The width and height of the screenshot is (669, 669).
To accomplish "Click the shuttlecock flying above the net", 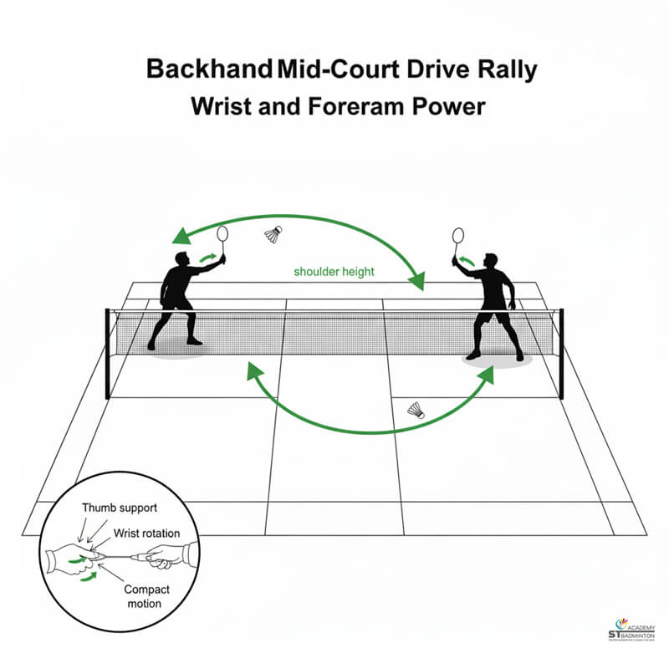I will (273, 234).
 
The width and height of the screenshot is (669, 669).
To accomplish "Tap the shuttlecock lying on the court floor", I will (416, 410).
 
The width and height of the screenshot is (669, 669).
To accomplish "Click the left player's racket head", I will (222, 234).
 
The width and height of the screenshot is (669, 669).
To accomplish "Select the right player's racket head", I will (457, 235).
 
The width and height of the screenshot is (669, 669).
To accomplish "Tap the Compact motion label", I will (147, 596).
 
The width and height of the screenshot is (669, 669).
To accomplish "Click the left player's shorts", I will (175, 299).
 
